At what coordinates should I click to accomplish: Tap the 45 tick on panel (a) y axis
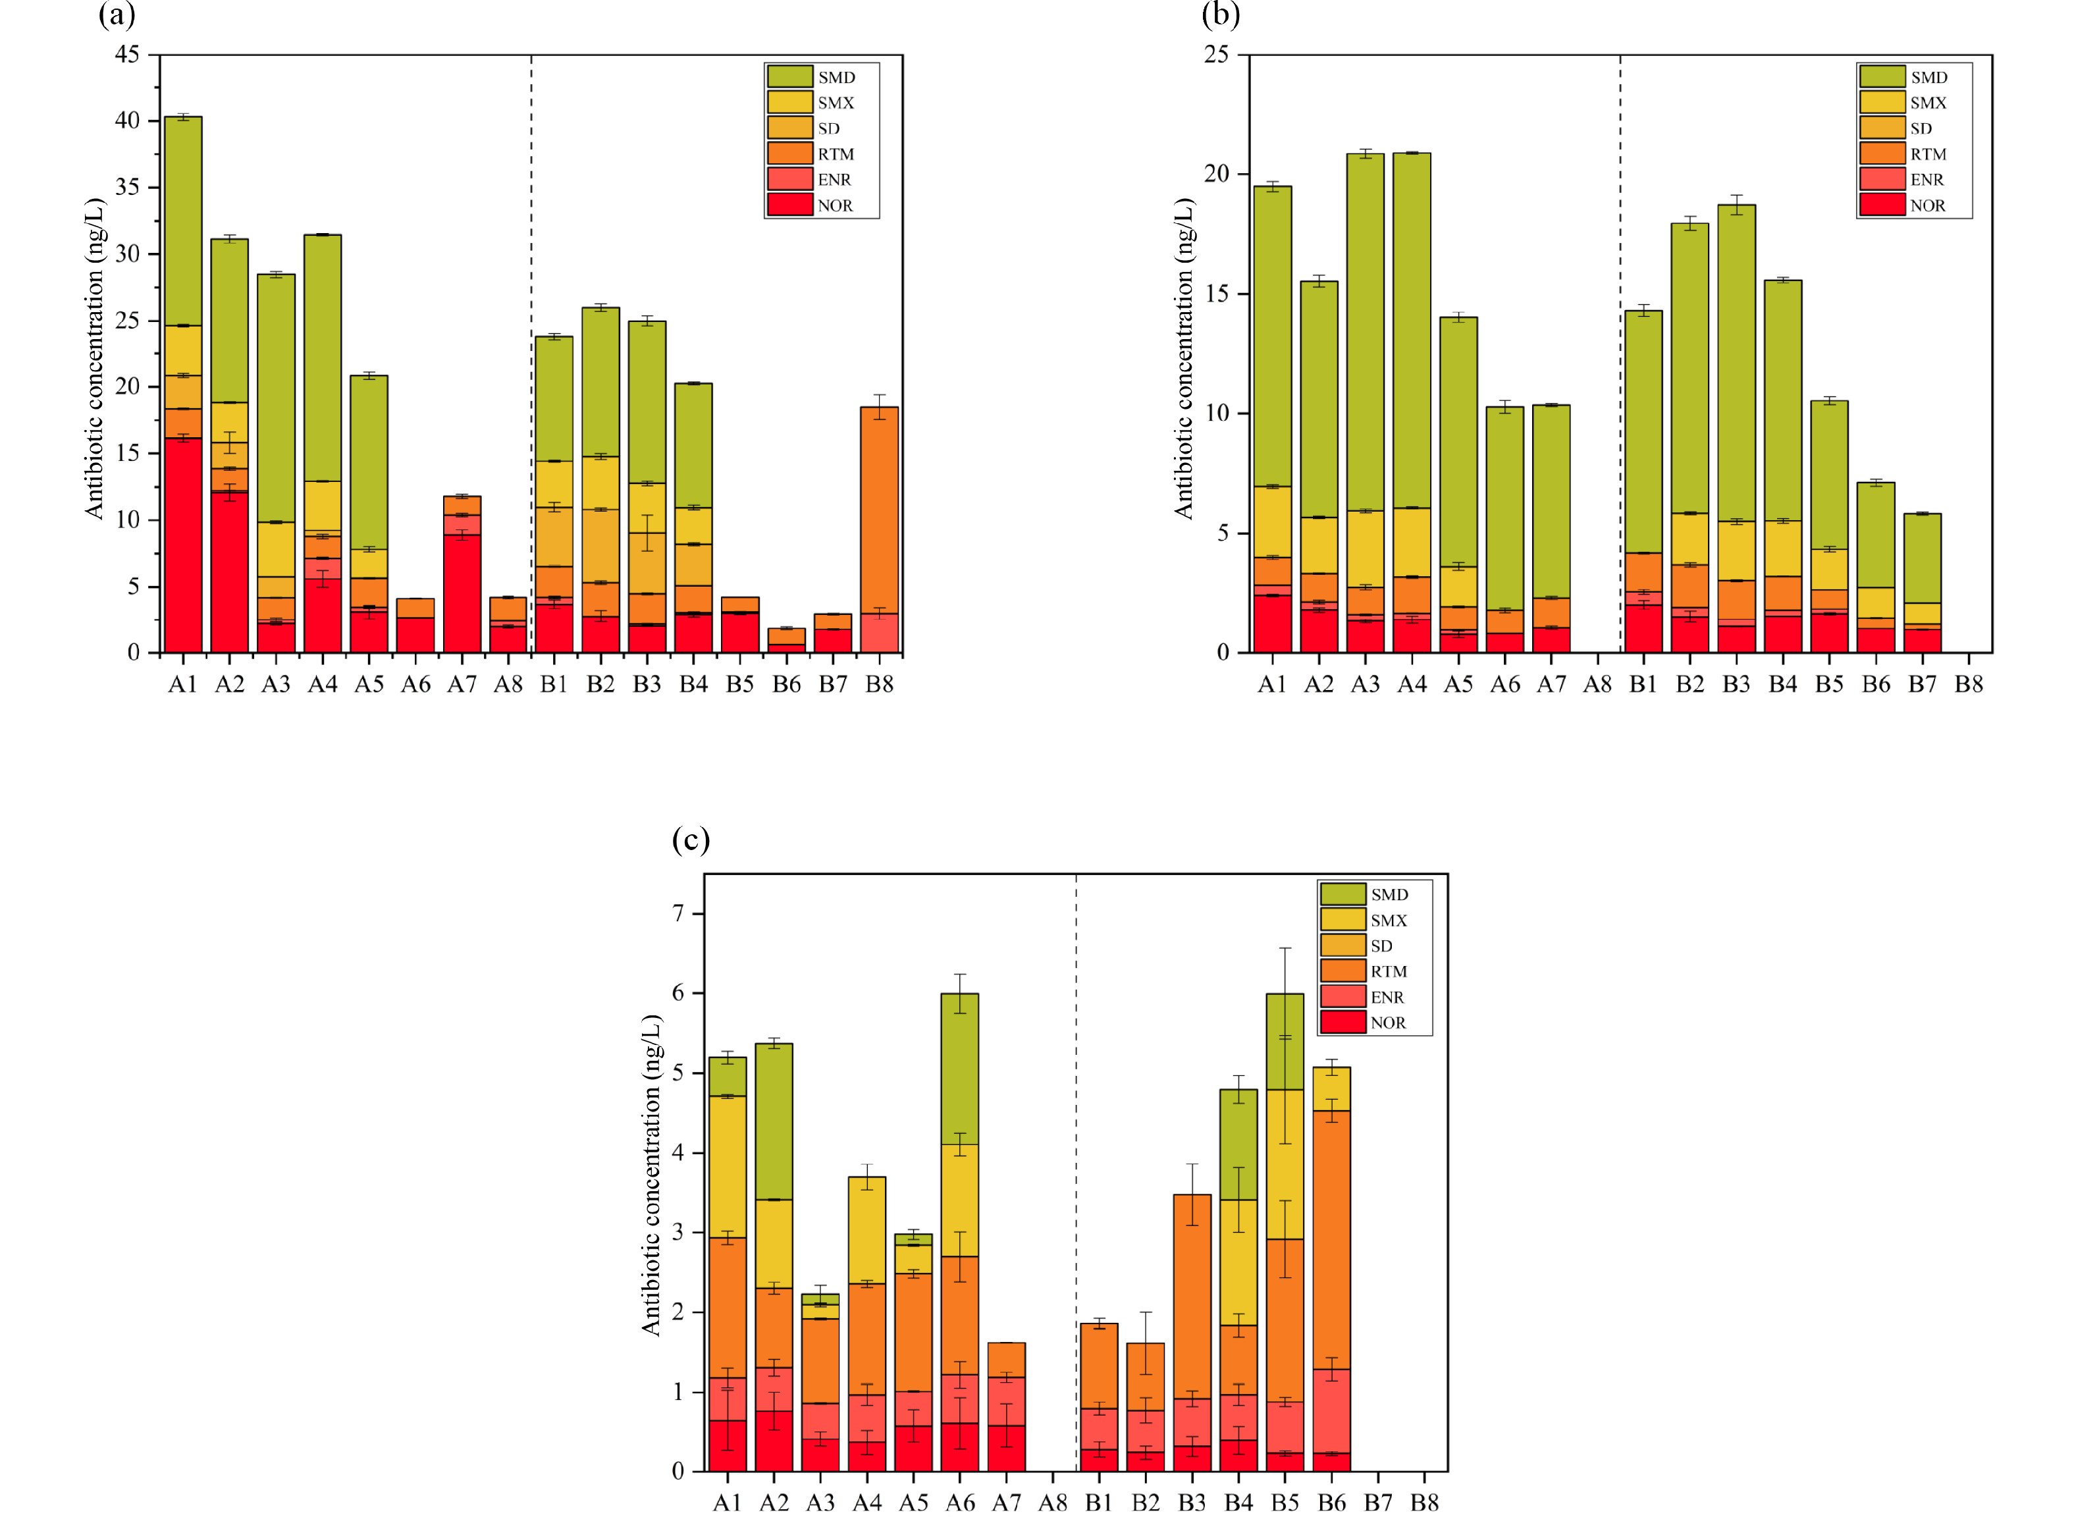[x=127, y=55]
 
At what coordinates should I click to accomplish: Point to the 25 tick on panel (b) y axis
[x=1217, y=55]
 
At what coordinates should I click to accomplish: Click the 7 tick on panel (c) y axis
[x=678, y=914]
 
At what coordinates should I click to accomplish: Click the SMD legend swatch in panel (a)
[x=789, y=76]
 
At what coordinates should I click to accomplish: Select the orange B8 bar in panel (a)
[x=879, y=510]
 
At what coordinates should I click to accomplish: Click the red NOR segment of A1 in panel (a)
[x=183, y=545]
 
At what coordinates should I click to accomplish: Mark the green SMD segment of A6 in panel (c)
[x=960, y=1069]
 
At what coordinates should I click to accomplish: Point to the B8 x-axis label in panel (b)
[x=1969, y=684]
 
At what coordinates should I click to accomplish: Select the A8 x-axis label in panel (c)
[x=1052, y=1503]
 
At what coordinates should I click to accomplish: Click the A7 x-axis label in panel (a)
[x=462, y=684]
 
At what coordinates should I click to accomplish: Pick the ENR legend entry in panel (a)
[x=834, y=180]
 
